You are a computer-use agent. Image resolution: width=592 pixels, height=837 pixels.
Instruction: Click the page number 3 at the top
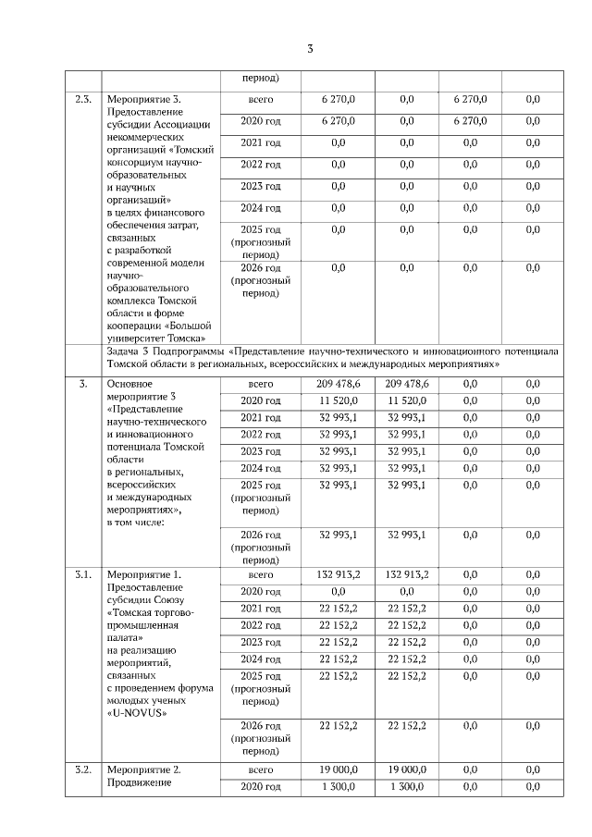(311, 49)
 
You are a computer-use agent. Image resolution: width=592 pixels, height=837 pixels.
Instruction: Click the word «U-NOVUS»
(141, 713)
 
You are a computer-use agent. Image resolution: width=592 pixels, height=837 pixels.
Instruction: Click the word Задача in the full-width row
(125, 352)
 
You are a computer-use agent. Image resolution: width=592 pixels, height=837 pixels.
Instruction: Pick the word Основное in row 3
(134, 383)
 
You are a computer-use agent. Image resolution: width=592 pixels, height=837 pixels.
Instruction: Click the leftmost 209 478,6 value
(339, 383)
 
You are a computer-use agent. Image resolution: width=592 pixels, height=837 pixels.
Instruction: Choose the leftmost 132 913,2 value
(339, 574)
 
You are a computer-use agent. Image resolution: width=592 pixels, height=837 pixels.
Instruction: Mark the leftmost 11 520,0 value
(339, 400)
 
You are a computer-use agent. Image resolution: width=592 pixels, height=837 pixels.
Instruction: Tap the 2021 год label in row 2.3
(260, 143)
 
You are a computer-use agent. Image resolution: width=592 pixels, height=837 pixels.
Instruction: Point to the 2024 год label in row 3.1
(260, 659)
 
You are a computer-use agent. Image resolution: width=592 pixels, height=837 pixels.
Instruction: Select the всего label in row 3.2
(260, 769)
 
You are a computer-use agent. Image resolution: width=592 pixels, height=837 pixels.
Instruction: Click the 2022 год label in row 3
(260, 435)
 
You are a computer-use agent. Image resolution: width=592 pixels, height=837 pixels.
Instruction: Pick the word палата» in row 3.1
(130, 638)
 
